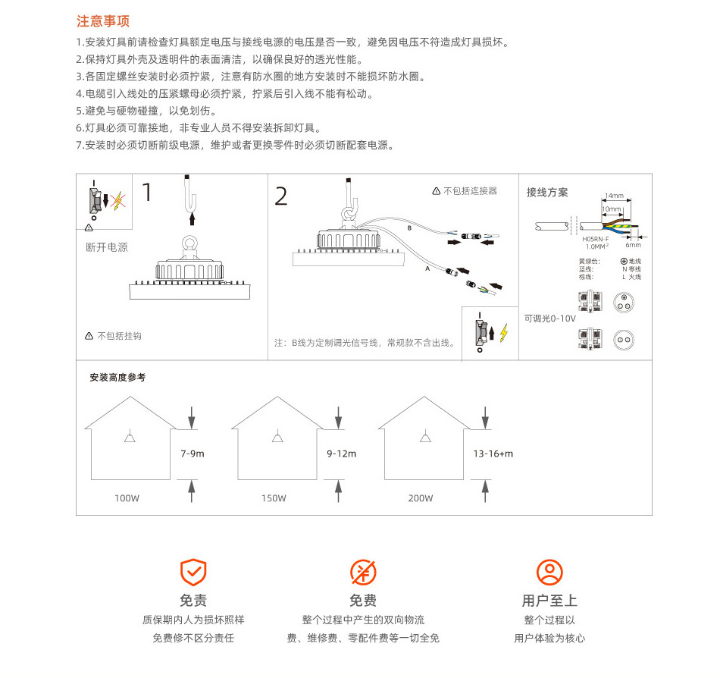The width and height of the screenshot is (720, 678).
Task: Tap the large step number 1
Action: tap(147, 192)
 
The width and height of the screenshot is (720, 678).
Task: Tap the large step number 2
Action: tap(281, 196)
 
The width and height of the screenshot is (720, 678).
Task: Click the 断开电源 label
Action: tap(107, 247)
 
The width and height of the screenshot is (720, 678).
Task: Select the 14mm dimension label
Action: tap(614, 196)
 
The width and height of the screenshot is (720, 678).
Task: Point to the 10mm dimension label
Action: tap(610, 208)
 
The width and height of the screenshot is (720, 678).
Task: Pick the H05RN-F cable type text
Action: tap(596, 239)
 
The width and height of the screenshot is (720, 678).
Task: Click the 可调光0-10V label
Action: tap(549, 319)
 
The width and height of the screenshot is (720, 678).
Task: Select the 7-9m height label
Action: tap(193, 454)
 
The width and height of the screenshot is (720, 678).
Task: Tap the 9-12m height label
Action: tap(341, 454)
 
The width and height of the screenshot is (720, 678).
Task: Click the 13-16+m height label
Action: tap(493, 454)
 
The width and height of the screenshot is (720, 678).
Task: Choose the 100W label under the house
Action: tap(127, 498)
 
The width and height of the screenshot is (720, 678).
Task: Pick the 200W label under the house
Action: tap(421, 498)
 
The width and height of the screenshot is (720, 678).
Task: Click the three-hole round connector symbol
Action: tap(624, 302)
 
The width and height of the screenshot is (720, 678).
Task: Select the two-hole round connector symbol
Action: tap(624, 341)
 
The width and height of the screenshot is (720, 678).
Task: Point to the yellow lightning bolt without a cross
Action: tap(503, 331)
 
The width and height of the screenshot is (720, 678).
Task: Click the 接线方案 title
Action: tap(547, 193)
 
